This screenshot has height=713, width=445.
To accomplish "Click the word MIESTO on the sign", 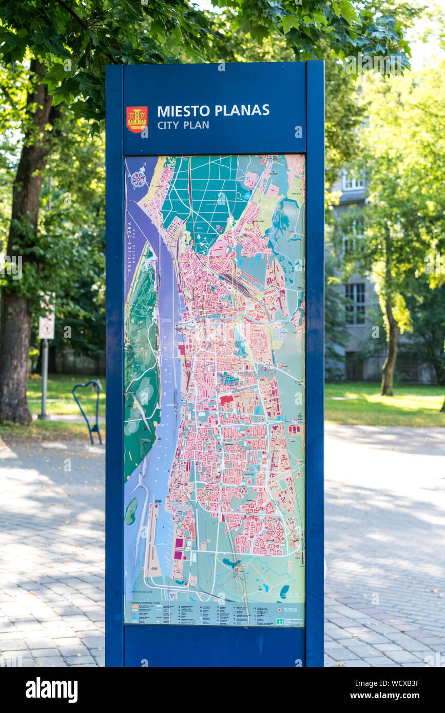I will point(184,111).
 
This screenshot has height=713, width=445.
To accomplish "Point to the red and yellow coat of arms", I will point(137,119).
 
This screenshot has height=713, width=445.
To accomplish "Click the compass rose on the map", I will point(139,179).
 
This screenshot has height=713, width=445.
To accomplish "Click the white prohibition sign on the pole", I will point(47,326).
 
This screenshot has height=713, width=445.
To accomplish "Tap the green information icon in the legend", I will point(280,621).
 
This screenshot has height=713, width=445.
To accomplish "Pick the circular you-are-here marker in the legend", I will point(279,610).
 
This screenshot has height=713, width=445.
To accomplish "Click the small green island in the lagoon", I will point(131,510).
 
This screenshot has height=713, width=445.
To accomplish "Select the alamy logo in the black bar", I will point(51,690).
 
